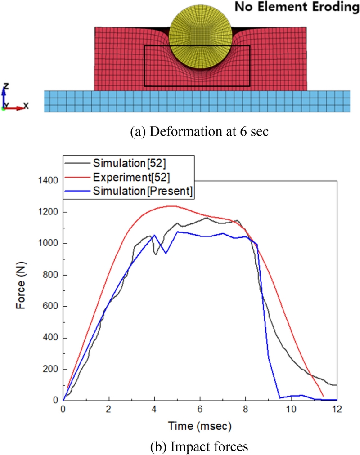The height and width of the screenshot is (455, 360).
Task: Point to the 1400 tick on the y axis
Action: click(x=47, y=181)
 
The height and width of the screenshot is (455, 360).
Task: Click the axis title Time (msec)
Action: click(x=200, y=425)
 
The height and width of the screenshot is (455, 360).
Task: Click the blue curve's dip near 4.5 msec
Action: click(x=166, y=253)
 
